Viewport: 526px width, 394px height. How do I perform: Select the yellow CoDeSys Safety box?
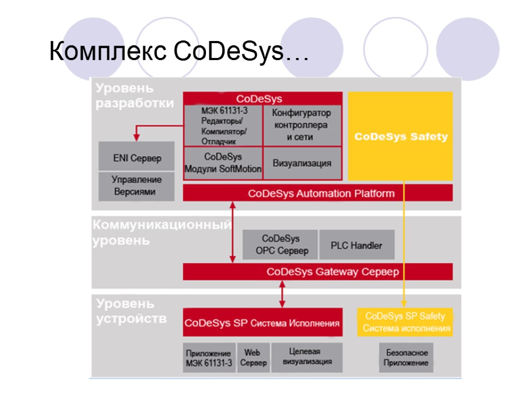(x=401, y=136)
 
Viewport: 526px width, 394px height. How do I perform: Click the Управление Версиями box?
(x=137, y=186)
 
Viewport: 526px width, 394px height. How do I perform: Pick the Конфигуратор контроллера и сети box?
(x=302, y=125)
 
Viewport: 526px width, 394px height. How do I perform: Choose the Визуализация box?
(x=302, y=163)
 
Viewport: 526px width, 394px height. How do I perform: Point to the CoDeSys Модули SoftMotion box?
(x=223, y=163)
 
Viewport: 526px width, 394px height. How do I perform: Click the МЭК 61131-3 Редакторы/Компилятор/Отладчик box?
(x=223, y=126)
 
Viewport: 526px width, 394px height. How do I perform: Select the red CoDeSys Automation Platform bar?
(x=318, y=193)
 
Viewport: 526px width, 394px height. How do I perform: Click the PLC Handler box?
(x=356, y=245)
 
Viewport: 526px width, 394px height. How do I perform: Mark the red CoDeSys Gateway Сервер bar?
(x=318, y=272)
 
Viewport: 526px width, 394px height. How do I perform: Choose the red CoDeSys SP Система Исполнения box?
(x=262, y=323)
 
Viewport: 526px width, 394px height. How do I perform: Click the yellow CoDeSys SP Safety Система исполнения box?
(x=405, y=322)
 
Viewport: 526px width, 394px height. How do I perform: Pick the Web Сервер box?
(x=253, y=358)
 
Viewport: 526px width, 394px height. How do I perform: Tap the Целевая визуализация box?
(x=307, y=357)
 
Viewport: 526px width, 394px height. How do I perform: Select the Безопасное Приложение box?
(x=406, y=358)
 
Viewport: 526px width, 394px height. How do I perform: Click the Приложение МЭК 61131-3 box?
(x=209, y=358)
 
